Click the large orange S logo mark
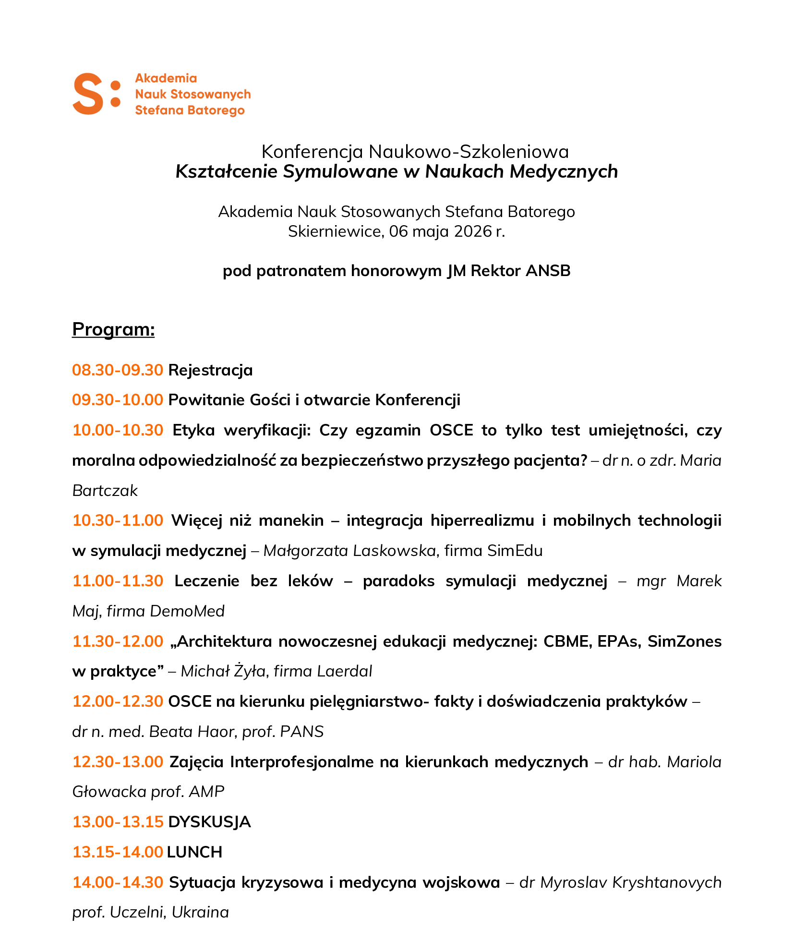click(x=89, y=94)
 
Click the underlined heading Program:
click(x=113, y=329)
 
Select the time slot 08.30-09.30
click(x=118, y=370)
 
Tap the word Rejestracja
click(x=210, y=370)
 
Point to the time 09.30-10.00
click(x=118, y=400)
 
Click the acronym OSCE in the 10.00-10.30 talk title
click(x=451, y=430)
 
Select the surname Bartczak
click(x=105, y=491)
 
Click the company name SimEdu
click(x=515, y=551)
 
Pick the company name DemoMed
click(x=187, y=611)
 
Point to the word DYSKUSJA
click(x=209, y=822)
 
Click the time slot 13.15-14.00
click(x=118, y=852)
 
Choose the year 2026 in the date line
click(x=473, y=231)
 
